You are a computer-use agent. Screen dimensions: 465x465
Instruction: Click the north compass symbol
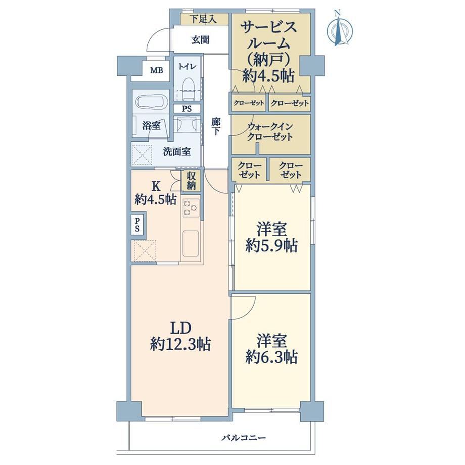(x=339, y=29)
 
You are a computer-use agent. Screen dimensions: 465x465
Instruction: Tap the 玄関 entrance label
(x=201, y=40)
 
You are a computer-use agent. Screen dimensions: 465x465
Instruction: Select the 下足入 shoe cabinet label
(x=203, y=20)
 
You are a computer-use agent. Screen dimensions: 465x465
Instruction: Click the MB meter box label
(x=156, y=71)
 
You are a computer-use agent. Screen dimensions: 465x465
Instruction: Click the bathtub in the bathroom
(x=151, y=102)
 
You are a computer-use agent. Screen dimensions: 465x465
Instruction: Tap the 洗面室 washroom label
(x=177, y=152)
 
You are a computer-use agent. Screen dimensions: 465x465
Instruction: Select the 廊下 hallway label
(x=216, y=127)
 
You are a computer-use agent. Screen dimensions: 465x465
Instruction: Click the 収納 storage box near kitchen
(x=191, y=180)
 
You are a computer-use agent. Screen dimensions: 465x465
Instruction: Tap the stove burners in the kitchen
(x=191, y=207)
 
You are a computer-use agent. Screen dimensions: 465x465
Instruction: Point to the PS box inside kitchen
(x=137, y=225)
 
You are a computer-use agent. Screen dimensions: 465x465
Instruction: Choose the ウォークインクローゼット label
(x=270, y=132)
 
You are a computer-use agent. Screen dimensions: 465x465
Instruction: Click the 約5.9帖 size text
(x=271, y=246)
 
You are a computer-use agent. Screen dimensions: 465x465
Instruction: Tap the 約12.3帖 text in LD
(x=180, y=344)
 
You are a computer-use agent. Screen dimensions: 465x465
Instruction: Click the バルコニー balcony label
(x=244, y=437)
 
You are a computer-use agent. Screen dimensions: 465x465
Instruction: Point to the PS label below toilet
(x=187, y=109)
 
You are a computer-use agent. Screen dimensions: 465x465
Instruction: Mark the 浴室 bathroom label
(x=151, y=126)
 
